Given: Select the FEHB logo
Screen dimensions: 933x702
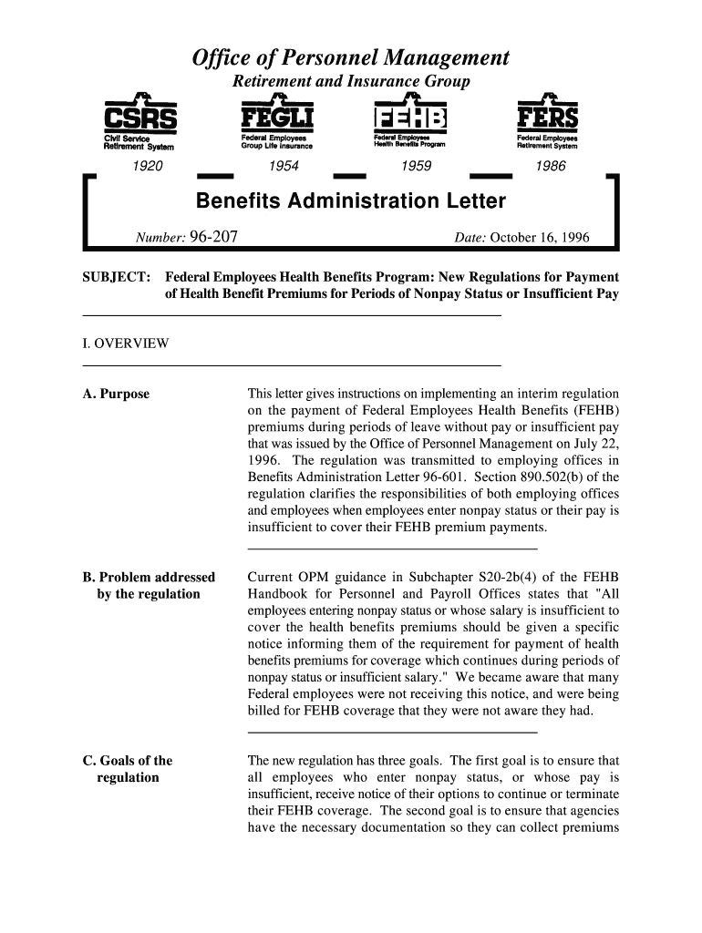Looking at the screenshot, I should pos(411,120).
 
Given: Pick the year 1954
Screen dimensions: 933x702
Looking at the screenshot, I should pos(275,167).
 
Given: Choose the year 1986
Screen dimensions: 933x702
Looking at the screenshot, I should pos(551,167).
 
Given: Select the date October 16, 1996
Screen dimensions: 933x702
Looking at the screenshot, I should pos(540,239).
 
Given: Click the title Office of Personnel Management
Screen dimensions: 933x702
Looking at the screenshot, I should pos(350,59).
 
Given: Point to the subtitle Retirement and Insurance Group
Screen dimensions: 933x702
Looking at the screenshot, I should pos(351,82).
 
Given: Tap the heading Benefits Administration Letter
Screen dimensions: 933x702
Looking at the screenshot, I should pos(350,200).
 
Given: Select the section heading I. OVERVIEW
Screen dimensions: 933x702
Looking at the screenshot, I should pos(126,343).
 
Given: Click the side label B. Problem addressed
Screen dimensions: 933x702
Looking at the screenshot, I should pos(149,578).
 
